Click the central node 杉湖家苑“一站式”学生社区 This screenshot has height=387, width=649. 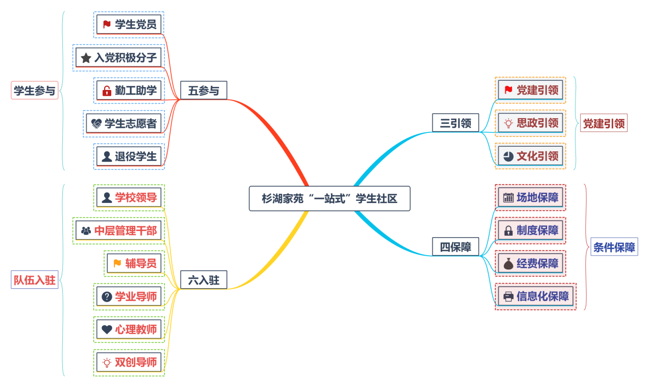tap(329, 198)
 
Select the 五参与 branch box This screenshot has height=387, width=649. tap(203, 90)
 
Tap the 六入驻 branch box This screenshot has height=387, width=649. tap(203, 280)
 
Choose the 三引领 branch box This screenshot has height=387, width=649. tap(455, 123)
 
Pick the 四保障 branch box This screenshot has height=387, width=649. tap(455, 247)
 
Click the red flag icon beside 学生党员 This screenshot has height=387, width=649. tap(107, 24)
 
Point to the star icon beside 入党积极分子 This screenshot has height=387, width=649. tap(86, 58)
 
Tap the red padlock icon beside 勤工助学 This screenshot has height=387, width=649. tap(107, 91)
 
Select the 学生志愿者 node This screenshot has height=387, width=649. tap(124, 123)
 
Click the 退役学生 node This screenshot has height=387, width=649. tap(129, 156)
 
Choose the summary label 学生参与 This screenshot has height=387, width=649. tap(34, 91)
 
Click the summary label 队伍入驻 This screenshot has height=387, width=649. tap(34, 280)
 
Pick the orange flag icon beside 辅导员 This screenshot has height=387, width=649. tap(117, 263)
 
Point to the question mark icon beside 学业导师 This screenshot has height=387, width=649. tap(107, 297)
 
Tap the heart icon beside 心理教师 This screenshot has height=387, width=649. tap(107, 330)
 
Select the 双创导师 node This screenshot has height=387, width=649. tap(129, 362)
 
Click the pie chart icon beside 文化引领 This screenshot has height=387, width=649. tap(508, 156)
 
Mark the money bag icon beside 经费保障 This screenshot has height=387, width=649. tap(508, 264)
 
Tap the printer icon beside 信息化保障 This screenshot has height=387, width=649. tap(508, 296)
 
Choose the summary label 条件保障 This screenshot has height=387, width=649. tap(614, 247)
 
